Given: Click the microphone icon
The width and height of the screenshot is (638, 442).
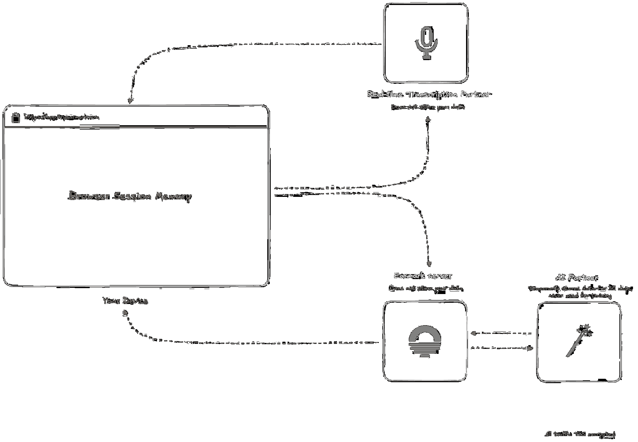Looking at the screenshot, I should tap(426, 43).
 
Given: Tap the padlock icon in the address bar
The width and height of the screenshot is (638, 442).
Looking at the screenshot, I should tap(15, 117).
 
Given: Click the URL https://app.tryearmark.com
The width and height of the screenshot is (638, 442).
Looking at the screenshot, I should tap(62, 117).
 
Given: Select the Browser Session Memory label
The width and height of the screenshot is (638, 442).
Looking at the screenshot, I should tap(130, 196).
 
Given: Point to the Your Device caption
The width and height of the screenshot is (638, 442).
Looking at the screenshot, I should tap(125, 301).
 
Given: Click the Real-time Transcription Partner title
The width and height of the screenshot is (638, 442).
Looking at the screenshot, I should tap(429, 94).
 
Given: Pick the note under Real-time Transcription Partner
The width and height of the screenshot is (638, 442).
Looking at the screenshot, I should tap(428, 107).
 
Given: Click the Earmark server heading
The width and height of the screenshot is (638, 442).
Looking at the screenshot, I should tap(423, 276).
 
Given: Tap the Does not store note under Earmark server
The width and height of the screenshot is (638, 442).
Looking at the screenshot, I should tap(426, 288).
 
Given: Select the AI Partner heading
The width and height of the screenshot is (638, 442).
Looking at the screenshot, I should tap(577, 277).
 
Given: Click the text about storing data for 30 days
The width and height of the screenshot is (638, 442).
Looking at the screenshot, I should tap(580, 292).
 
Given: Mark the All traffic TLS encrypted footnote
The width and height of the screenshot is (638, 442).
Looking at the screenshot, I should tap(580, 434).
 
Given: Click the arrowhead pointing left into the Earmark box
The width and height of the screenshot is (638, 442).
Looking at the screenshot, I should tap(473, 333).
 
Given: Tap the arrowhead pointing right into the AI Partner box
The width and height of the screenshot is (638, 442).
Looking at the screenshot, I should tap(530, 348).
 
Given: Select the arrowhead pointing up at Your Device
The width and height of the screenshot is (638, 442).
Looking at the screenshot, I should tap(125, 313).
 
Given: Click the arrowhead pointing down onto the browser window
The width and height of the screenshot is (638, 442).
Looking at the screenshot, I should tap(130, 101).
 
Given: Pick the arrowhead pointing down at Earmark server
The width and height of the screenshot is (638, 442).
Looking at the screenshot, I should tap(429, 264).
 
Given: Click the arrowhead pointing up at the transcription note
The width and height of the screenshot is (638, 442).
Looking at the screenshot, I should tap(428, 119).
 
